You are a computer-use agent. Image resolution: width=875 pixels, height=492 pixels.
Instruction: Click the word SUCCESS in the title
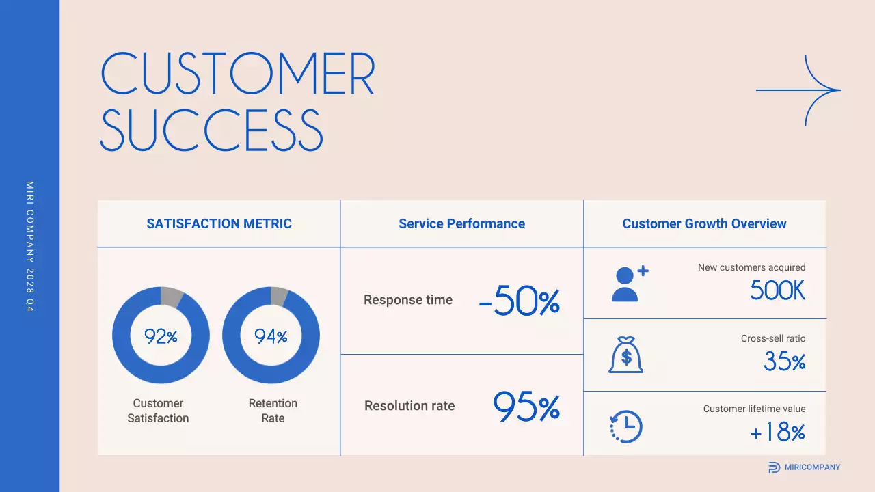click(211, 130)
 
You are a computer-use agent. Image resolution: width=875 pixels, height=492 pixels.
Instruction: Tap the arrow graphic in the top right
click(798, 90)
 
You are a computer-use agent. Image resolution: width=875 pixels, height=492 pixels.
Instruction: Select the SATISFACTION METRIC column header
click(219, 223)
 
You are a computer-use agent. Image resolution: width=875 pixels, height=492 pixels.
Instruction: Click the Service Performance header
click(461, 223)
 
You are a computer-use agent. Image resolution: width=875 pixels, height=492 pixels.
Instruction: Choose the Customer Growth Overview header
click(704, 223)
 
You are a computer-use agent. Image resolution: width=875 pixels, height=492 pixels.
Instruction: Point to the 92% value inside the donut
click(161, 336)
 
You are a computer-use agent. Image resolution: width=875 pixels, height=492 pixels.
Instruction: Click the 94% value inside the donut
click(271, 336)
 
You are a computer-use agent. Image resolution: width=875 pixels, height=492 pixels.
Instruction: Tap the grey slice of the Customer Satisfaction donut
click(172, 297)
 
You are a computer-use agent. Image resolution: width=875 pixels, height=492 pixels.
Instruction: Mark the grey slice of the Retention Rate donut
click(280, 296)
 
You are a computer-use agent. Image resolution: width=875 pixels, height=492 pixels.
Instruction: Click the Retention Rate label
click(273, 411)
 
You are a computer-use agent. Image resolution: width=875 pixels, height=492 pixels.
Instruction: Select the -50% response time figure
click(520, 301)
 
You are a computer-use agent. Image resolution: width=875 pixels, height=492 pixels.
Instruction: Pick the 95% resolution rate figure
click(526, 407)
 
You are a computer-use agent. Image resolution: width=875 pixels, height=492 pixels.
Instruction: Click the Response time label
click(408, 300)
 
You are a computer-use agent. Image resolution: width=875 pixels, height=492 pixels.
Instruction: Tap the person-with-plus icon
click(628, 284)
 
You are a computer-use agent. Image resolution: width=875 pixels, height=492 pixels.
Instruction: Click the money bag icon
click(625, 355)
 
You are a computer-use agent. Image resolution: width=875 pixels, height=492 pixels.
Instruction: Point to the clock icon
click(625, 427)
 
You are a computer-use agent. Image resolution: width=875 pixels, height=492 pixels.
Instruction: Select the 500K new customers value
click(777, 291)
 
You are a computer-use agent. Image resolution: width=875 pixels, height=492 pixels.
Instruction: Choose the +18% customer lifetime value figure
click(777, 432)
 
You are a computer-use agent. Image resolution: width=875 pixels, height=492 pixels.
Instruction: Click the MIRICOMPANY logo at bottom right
click(804, 467)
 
